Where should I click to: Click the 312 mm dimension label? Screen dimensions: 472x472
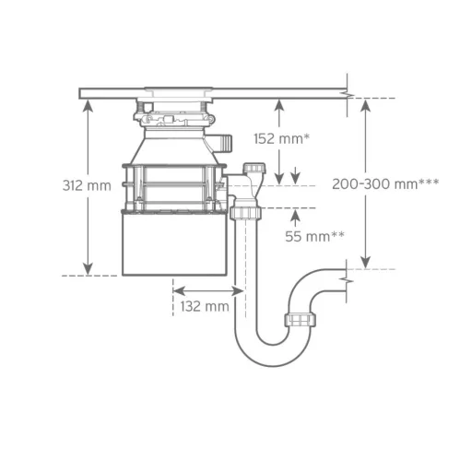pos(87,186)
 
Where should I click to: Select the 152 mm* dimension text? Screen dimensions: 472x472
pos(281,138)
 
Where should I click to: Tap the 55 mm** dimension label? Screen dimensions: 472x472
pos(314,236)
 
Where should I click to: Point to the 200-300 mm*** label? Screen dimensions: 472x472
pos(385,184)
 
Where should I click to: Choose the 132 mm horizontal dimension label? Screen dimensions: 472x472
pos(205,306)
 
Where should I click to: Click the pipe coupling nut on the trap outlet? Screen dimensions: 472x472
pos(300,320)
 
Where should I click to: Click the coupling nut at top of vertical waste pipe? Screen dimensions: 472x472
pos(245,213)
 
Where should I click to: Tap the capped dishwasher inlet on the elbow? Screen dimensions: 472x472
pos(254,168)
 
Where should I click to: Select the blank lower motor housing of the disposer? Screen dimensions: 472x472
pos(174,243)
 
